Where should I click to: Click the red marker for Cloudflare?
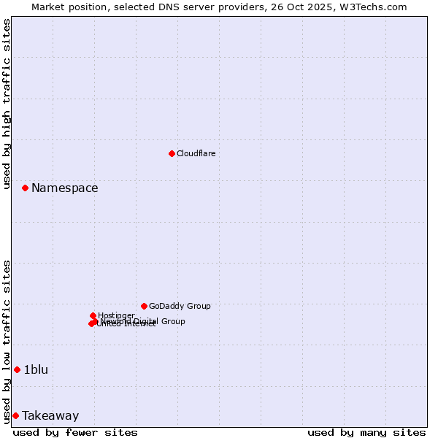point(172,153)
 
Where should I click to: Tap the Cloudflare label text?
point(196,153)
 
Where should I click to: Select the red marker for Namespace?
point(25,188)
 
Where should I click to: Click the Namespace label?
point(64,188)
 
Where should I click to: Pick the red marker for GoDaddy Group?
point(144,306)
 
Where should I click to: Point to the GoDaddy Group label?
point(180,306)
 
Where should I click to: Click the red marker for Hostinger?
point(93,315)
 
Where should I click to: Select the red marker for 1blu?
point(17,369)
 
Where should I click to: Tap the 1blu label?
point(36,369)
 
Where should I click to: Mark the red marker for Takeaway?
point(15,415)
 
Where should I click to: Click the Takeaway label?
point(50,415)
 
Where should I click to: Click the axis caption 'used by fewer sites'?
point(75,432)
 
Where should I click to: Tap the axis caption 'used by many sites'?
point(366,432)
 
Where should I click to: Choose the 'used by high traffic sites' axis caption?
point(7,104)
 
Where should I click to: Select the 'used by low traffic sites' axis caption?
point(7,342)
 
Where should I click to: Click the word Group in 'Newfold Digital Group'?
point(173,321)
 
